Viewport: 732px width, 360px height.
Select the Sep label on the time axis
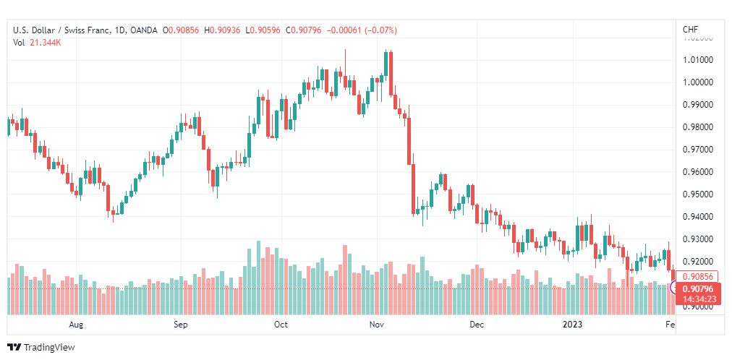[x=181, y=325]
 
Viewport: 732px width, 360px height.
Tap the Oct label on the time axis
[x=281, y=325]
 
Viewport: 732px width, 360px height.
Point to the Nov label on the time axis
[x=376, y=325]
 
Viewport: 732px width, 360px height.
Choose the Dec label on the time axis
[x=476, y=325]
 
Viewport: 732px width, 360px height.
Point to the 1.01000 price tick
[x=698, y=59]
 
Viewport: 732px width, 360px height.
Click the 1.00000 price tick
[x=698, y=82]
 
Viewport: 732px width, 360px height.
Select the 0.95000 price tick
[x=698, y=194]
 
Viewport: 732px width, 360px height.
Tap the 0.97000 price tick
[x=698, y=149]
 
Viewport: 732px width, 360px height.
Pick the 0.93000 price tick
[x=698, y=239]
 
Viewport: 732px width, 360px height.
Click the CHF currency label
[x=690, y=30]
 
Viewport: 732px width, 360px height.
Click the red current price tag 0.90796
[x=698, y=288]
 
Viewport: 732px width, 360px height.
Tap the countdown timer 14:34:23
[x=698, y=299]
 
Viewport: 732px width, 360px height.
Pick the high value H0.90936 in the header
[x=224, y=30]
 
